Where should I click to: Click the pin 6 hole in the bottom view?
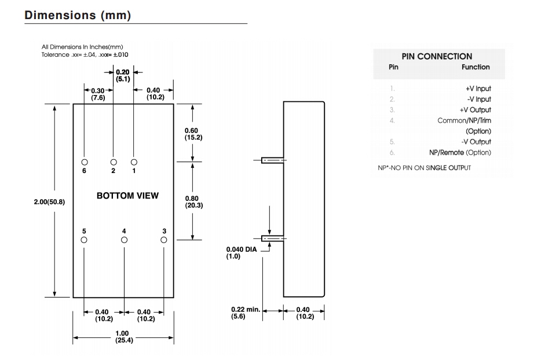pyautogui.click(x=85, y=161)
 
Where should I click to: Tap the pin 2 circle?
pyautogui.click(x=114, y=161)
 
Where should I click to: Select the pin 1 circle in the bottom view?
pyautogui.click(x=134, y=161)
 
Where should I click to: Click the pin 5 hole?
pyautogui.click(x=84, y=240)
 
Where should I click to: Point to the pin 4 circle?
pyautogui.click(x=124, y=240)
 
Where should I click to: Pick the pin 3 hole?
pyautogui.click(x=164, y=240)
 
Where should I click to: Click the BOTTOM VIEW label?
pyautogui.click(x=127, y=196)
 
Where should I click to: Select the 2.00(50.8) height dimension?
pyautogui.click(x=49, y=202)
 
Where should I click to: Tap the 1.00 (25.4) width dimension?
pyautogui.click(x=123, y=337)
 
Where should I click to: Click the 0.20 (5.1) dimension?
pyautogui.click(x=123, y=76)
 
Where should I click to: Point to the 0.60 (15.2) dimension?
pyautogui.click(x=193, y=134)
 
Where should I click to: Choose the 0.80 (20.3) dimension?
pyautogui.click(x=193, y=202)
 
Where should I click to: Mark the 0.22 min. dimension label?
pyautogui.click(x=245, y=310)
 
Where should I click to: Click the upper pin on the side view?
pyautogui.click(x=272, y=160)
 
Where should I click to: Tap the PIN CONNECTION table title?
pyautogui.click(x=437, y=56)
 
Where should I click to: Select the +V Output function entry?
pyautogui.click(x=475, y=110)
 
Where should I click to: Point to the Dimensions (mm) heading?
pyautogui.click(x=78, y=16)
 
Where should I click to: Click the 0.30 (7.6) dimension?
pyautogui.click(x=98, y=94)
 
